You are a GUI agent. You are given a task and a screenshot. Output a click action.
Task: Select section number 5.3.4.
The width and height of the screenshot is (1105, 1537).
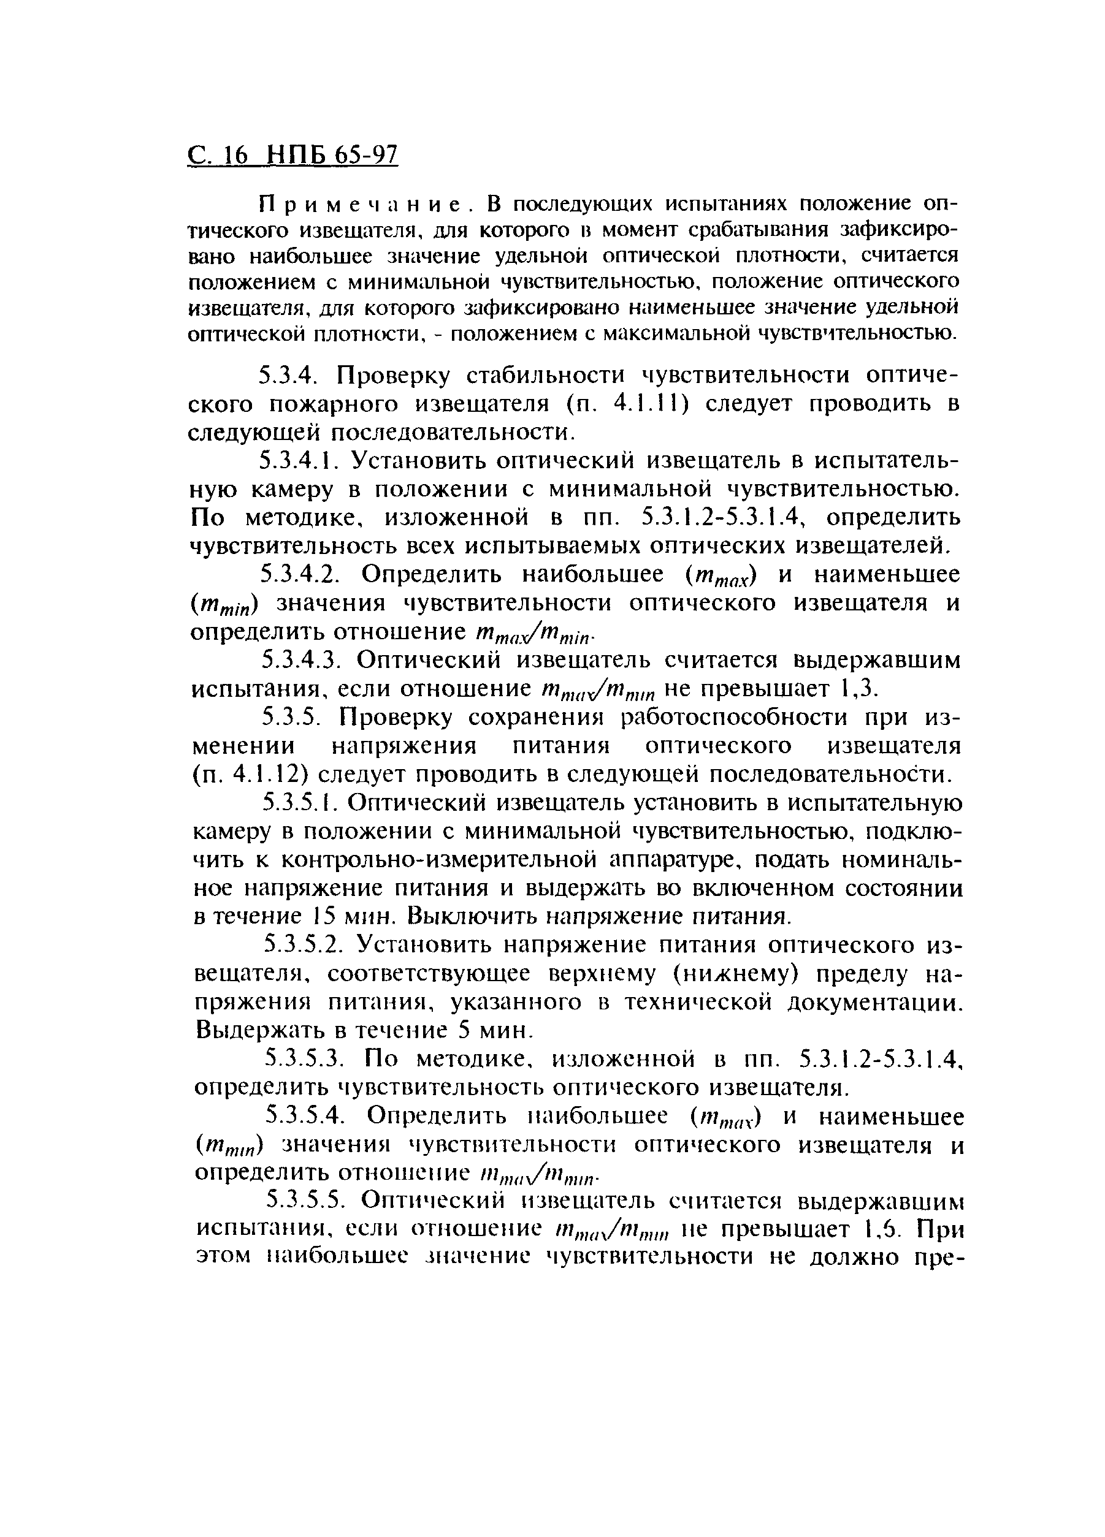[291, 375]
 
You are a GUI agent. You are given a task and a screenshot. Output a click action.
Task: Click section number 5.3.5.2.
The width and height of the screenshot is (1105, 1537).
[301, 945]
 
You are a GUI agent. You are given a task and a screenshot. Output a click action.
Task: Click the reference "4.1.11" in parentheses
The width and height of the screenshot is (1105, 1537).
[650, 404]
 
